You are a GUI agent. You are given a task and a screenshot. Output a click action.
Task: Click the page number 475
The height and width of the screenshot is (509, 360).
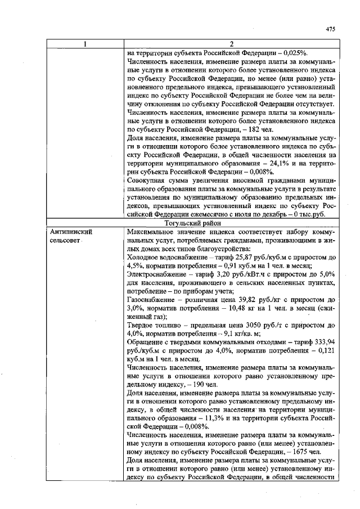pyautogui.click(x=331, y=29)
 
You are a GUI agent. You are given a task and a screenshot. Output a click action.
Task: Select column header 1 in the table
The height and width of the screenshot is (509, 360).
pyautogui.click(x=84, y=44)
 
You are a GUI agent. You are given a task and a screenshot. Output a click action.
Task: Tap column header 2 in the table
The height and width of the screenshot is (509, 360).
pyautogui.click(x=231, y=44)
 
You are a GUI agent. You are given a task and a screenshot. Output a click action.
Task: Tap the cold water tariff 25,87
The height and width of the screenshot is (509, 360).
pyautogui.click(x=231, y=257)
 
